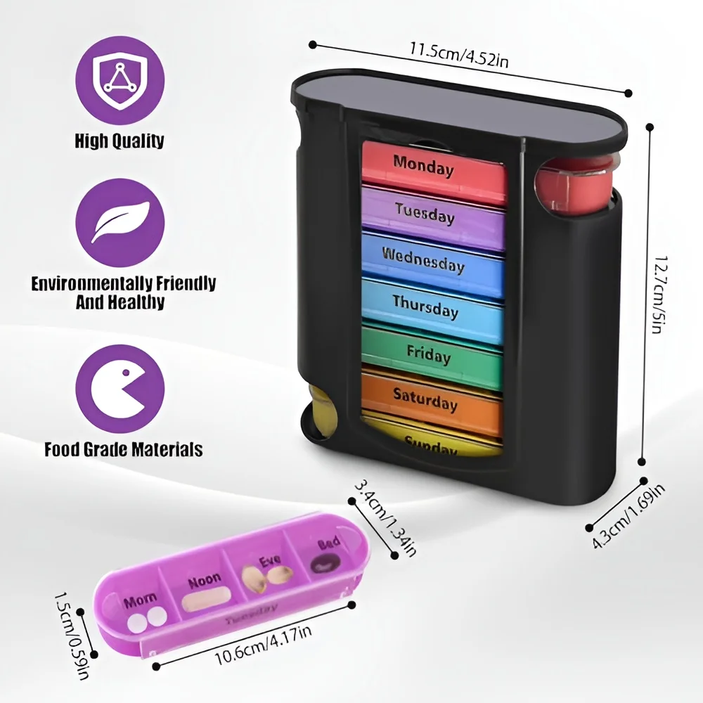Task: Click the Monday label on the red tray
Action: coord(423,166)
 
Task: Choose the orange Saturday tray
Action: coord(425,400)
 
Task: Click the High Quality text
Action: coord(120,140)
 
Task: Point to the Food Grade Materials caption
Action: coord(123,449)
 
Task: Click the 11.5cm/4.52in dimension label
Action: coord(460,52)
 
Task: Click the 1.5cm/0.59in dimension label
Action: coord(74,636)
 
